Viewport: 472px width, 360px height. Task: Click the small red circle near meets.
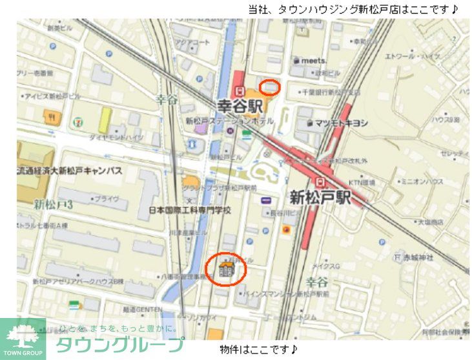pyautogui.click(x=270, y=86)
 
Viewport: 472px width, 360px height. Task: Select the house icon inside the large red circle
pyautogui.click(x=226, y=268)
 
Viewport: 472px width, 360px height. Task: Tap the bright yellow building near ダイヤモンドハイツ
pyautogui.click(x=104, y=120)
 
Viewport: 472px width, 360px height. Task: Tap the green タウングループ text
pyautogui.click(x=119, y=345)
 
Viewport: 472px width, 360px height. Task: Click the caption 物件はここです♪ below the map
pyautogui.click(x=258, y=350)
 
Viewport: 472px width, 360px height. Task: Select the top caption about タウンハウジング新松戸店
pyautogui.click(x=353, y=9)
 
